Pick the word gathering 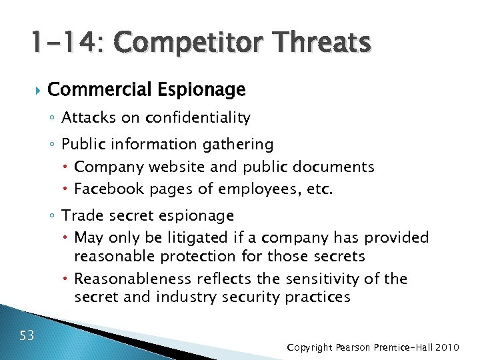pos(241,144)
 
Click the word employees pos(261,189)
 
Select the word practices pos(317,297)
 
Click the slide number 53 pos(27,335)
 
